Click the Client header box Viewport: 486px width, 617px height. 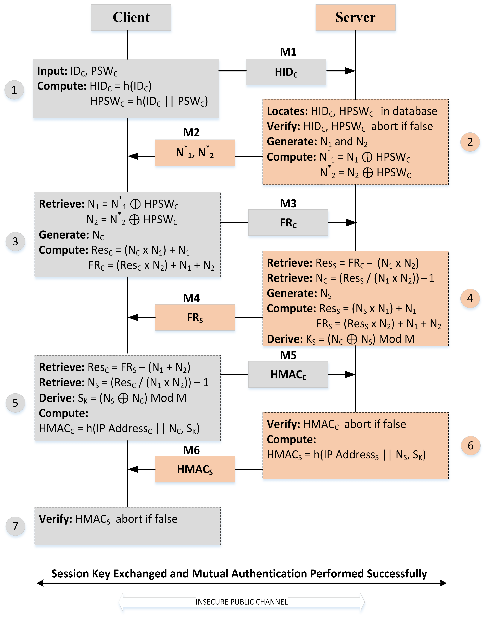coord(131,17)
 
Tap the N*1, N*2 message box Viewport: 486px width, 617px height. coord(195,153)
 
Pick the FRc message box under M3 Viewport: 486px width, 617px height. coord(288,223)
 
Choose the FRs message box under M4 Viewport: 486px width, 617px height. coord(195,317)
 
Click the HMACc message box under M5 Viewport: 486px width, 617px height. coord(288,375)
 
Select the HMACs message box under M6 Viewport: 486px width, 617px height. coord(195,469)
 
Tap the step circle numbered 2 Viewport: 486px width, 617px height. coord(470,142)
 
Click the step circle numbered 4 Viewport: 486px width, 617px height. coord(470,298)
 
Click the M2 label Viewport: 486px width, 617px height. coord(191,132)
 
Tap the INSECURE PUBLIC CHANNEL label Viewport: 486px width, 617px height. coord(241,602)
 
